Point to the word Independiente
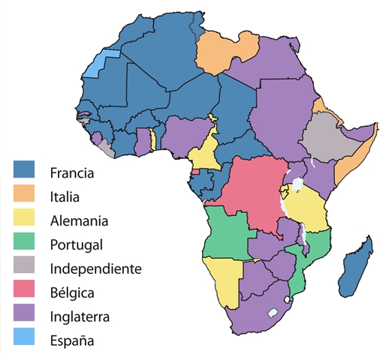click(x=94, y=268)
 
